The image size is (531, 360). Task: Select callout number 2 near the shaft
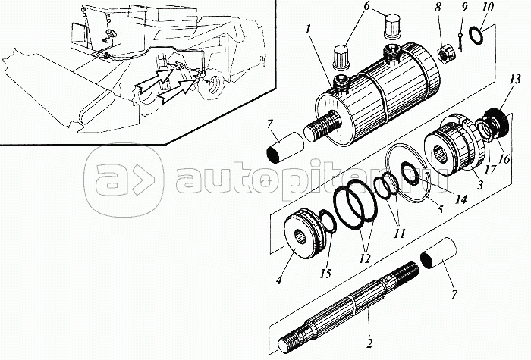pos(369,344)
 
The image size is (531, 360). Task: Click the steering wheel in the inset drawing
pos(111,39)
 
